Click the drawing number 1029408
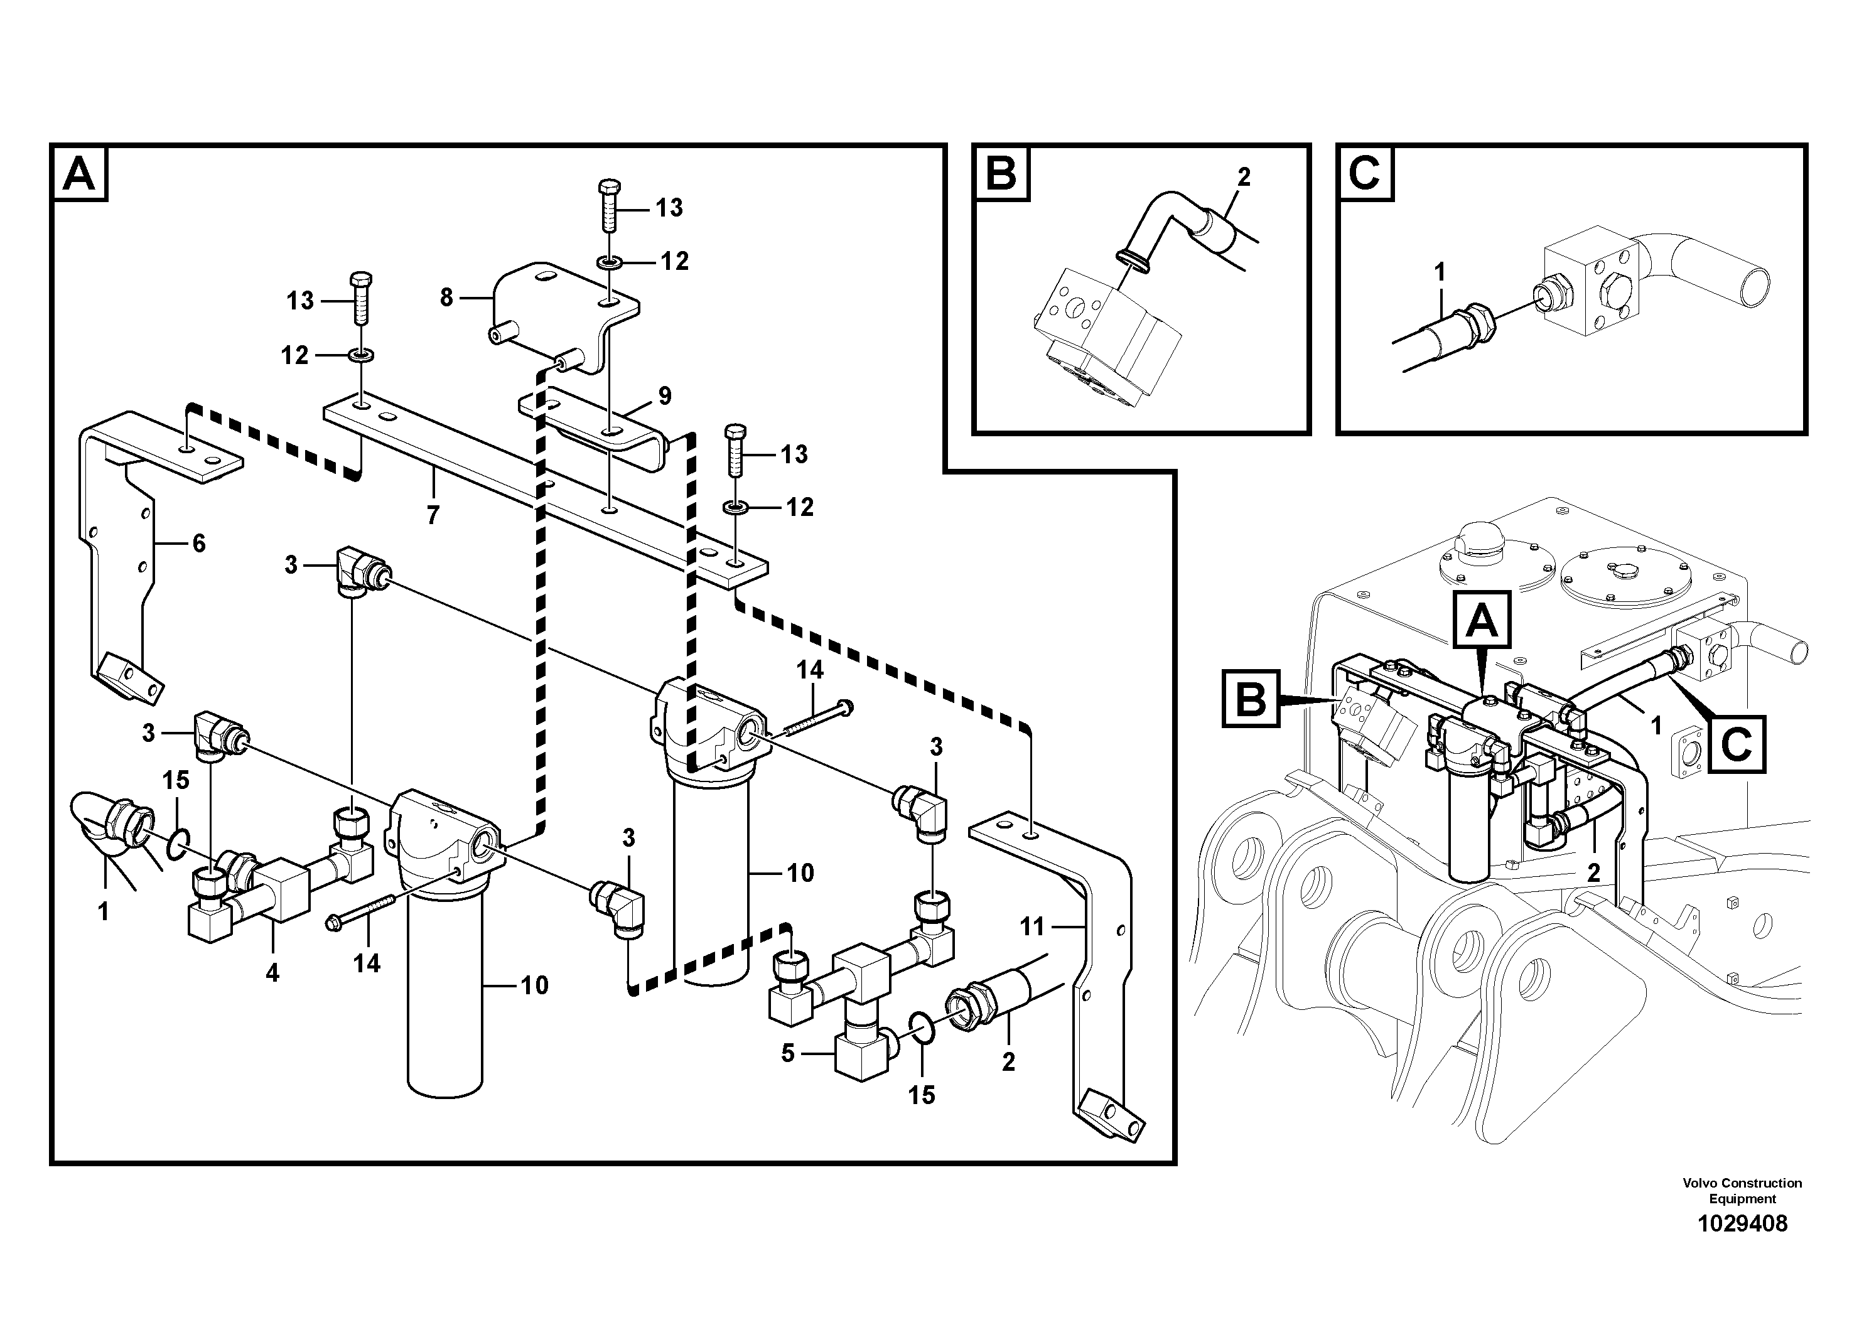[x=1742, y=1224]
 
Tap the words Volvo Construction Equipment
[x=1742, y=1191]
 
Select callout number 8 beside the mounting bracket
[x=446, y=298]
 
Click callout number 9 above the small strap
[x=665, y=396]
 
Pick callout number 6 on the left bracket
[x=198, y=544]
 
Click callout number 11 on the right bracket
[x=1031, y=926]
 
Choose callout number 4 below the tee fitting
[x=272, y=972]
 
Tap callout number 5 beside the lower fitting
[x=787, y=1054]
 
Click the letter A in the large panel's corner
[x=79, y=174]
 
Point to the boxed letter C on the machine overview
[x=1737, y=744]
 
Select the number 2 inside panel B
[x=1243, y=176]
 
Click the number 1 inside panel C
[x=1439, y=272]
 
